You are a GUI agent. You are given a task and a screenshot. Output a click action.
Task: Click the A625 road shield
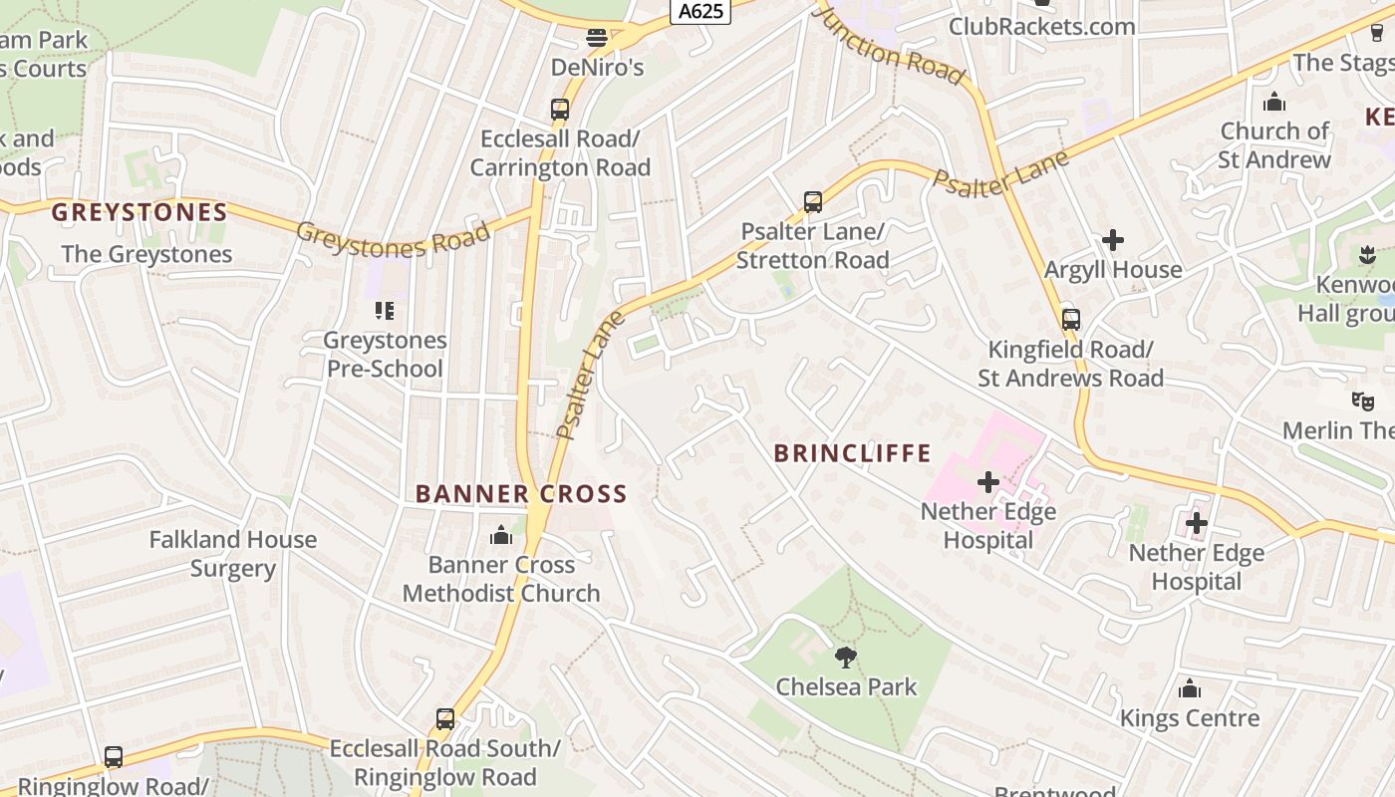tap(700, 11)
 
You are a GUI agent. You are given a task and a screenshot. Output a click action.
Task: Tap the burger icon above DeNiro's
tap(597, 39)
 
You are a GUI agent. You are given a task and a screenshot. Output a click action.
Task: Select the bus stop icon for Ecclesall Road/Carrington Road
tap(560, 110)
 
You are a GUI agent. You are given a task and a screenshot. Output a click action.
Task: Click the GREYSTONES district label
tap(139, 212)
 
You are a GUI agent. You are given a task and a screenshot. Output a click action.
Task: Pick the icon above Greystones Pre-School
tap(385, 311)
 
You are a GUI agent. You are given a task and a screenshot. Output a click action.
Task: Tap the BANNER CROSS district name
tap(521, 494)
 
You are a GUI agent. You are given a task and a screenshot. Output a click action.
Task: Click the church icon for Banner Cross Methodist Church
tap(501, 536)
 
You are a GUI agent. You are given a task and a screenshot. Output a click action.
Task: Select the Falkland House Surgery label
tap(233, 554)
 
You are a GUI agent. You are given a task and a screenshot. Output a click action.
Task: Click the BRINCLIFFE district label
tap(852, 453)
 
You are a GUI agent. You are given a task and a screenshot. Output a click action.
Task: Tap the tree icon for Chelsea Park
tap(846, 658)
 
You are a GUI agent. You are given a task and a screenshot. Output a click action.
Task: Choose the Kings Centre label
tap(1190, 718)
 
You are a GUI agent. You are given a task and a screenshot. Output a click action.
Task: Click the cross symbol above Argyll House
tap(1113, 240)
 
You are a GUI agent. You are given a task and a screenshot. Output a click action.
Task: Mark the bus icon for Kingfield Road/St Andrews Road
tap(1071, 320)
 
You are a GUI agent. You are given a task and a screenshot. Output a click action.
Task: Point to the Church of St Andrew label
tap(1274, 145)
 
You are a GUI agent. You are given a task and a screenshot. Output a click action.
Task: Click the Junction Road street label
tap(889, 45)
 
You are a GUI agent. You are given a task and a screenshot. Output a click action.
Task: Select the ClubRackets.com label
tap(1041, 26)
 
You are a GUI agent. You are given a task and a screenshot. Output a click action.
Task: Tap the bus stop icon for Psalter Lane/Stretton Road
tap(813, 202)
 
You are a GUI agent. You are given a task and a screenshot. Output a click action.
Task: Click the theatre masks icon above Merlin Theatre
tap(1362, 400)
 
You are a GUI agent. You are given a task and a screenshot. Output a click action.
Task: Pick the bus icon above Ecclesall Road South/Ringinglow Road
tap(445, 719)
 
